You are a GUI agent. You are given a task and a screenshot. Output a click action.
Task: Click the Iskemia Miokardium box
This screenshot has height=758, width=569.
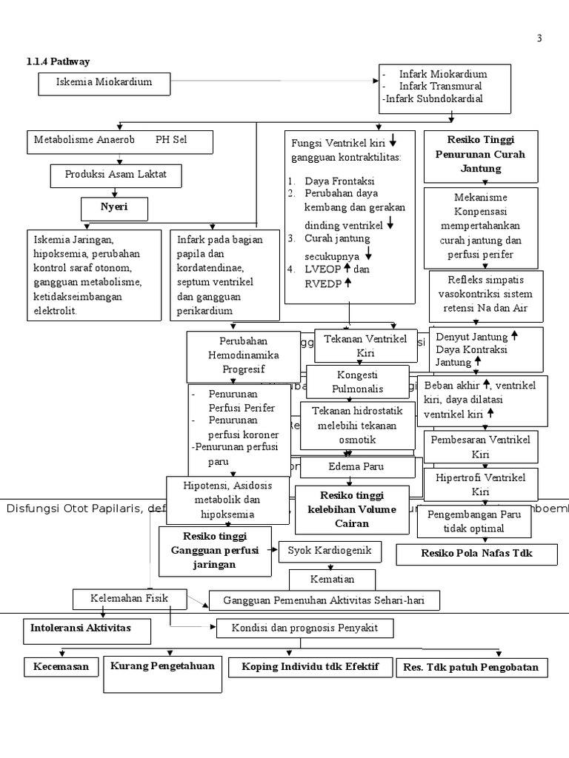click(104, 83)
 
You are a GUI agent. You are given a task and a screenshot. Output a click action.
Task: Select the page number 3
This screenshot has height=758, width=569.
click(539, 38)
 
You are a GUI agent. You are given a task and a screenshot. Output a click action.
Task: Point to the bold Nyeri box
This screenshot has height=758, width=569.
click(114, 208)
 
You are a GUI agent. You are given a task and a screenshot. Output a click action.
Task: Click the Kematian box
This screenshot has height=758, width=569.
click(332, 579)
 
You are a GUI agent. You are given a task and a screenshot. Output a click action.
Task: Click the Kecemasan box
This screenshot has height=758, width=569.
click(61, 667)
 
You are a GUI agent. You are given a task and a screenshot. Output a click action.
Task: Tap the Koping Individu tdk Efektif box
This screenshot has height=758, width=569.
click(310, 667)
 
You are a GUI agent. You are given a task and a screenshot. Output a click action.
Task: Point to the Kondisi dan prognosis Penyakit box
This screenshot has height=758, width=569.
click(305, 628)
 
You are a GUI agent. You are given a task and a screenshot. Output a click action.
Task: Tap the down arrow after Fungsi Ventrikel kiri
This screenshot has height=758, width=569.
click(392, 141)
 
